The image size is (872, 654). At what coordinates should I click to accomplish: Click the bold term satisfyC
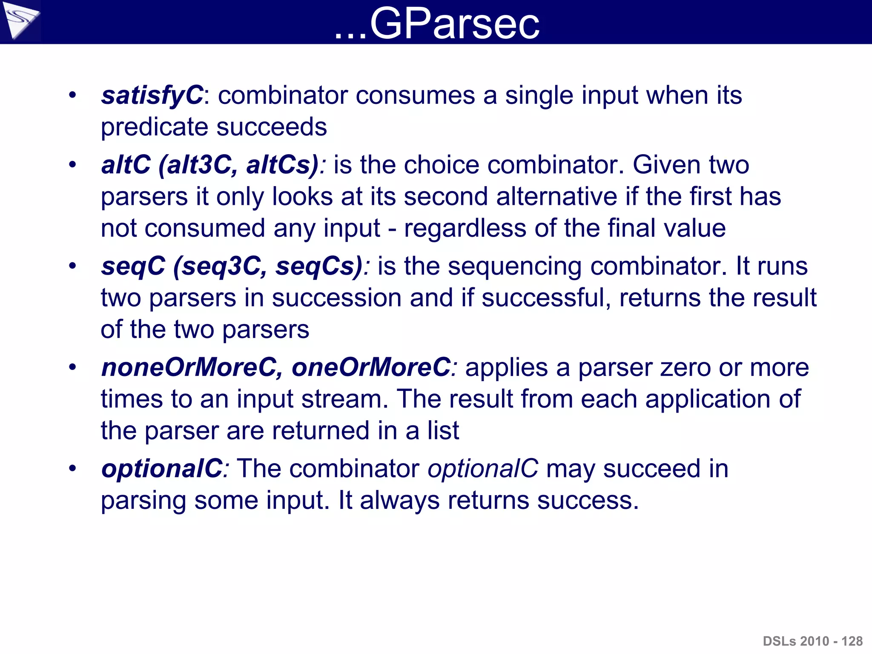click(x=152, y=95)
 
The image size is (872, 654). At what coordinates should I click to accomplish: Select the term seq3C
click(x=220, y=266)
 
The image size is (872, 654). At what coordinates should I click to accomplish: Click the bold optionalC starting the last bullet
click(x=162, y=468)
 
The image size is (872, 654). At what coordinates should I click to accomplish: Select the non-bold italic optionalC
click(x=483, y=468)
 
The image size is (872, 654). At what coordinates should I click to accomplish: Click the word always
click(x=399, y=500)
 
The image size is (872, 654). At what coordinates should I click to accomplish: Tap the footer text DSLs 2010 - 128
click(x=812, y=641)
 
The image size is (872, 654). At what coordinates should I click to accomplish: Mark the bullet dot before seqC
click(x=73, y=266)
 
